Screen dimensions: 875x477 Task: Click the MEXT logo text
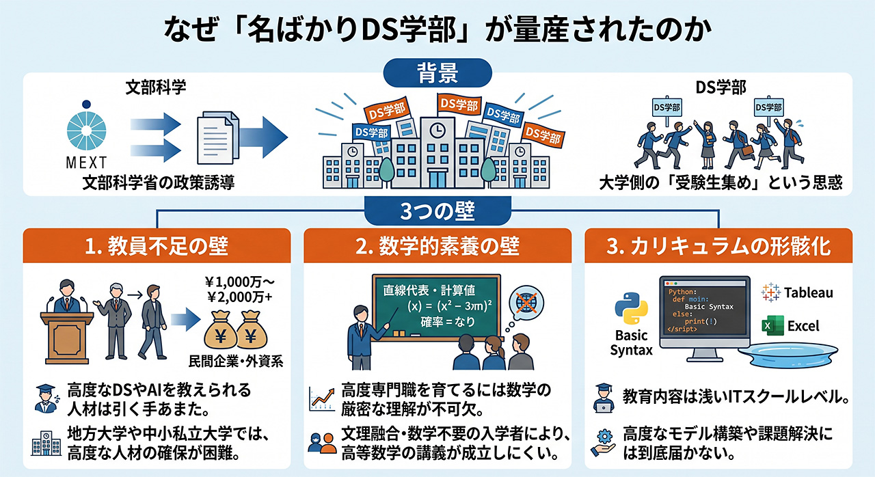tap(86, 163)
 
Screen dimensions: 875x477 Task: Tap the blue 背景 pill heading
tap(437, 73)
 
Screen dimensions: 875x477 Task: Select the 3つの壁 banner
tap(437, 210)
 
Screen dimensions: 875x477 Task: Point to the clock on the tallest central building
tap(437, 131)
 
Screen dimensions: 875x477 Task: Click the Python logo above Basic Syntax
tap(631, 308)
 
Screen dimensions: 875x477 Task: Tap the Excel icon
tap(772, 325)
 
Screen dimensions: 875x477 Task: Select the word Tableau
tap(808, 292)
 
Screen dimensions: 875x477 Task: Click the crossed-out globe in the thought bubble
tap(526, 303)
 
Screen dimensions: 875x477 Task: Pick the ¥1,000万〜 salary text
tap(239, 282)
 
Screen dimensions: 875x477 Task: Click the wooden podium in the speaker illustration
tap(67, 338)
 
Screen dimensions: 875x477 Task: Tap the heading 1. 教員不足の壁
tap(157, 246)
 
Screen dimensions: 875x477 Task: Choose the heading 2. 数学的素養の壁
tap(437, 246)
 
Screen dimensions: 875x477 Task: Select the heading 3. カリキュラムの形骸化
tap(718, 246)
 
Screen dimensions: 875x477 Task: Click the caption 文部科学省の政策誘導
tap(158, 182)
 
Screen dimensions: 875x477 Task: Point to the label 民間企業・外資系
tap(236, 361)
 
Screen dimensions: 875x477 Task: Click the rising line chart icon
tap(321, 399)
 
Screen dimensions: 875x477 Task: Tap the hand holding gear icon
tap(603, 443)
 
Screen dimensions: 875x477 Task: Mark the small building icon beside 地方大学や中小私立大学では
tap(46, 444)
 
